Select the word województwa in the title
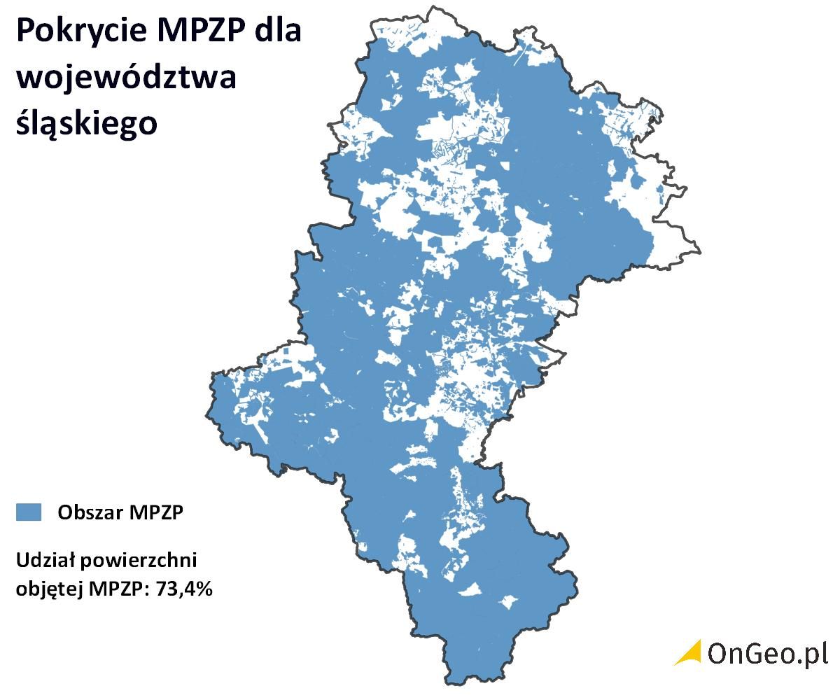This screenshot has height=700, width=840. pos(126,78)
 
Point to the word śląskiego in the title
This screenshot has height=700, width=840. pos(86,124)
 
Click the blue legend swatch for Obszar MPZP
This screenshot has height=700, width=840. pos(29,512)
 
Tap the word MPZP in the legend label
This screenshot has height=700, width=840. pos(155,512)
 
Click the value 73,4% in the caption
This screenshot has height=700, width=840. pos(185,589)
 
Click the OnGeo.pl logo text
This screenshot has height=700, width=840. pos(767,653)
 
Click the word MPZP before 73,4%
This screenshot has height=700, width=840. pos(120,589)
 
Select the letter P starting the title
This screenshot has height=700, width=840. pos(24,33)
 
